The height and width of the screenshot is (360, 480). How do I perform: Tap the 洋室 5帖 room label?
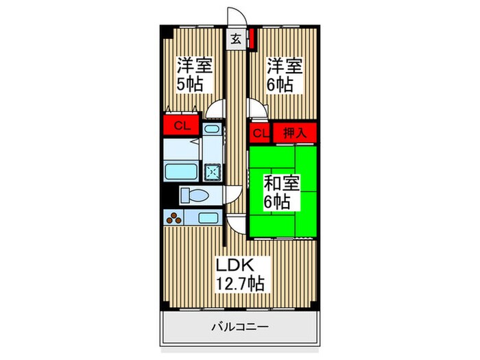[x=194, y=75]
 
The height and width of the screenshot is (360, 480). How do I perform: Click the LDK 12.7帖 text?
[x=240, y=273]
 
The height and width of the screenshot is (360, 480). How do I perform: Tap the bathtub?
[x=182, y=171]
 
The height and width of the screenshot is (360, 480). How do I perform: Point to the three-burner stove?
[x=174, y=219]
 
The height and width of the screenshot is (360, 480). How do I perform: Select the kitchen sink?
[x=208, y=219]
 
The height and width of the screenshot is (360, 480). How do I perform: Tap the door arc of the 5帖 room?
[x=217, y=110]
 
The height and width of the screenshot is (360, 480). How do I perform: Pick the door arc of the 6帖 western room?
[x=257, y=109]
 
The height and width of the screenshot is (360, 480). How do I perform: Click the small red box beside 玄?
[x=252, y=37]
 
